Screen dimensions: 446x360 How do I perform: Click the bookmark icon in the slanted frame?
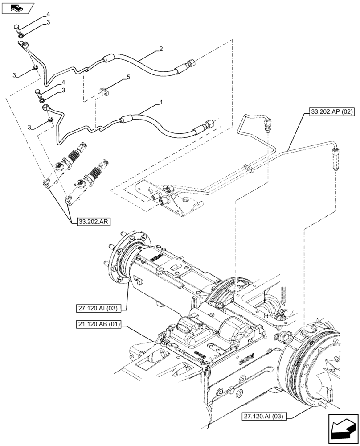coord(17,8)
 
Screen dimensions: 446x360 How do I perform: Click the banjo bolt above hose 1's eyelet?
coord(37,93)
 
